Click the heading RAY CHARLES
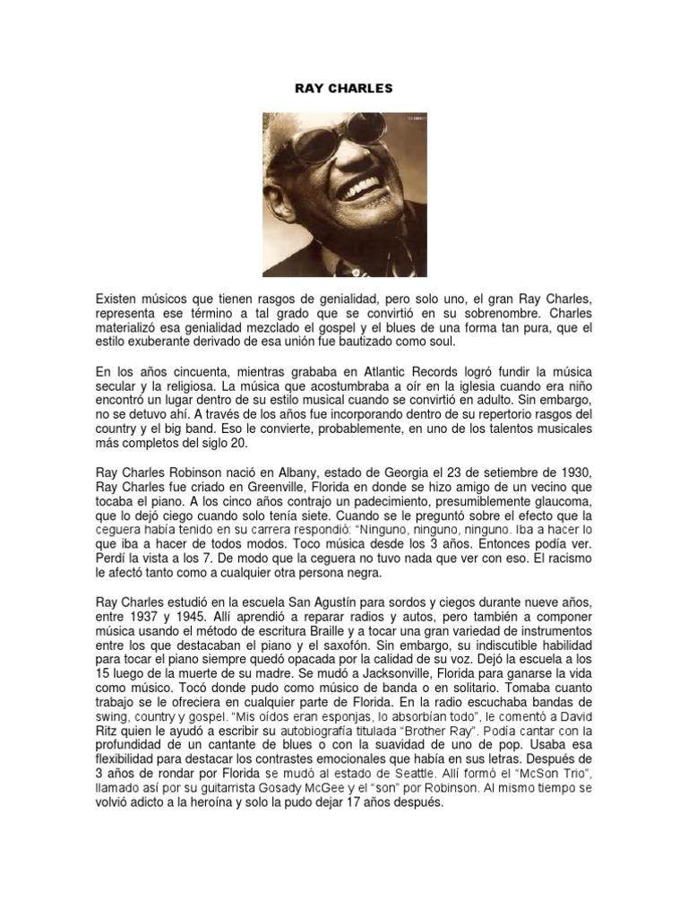[x=343, y=89]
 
